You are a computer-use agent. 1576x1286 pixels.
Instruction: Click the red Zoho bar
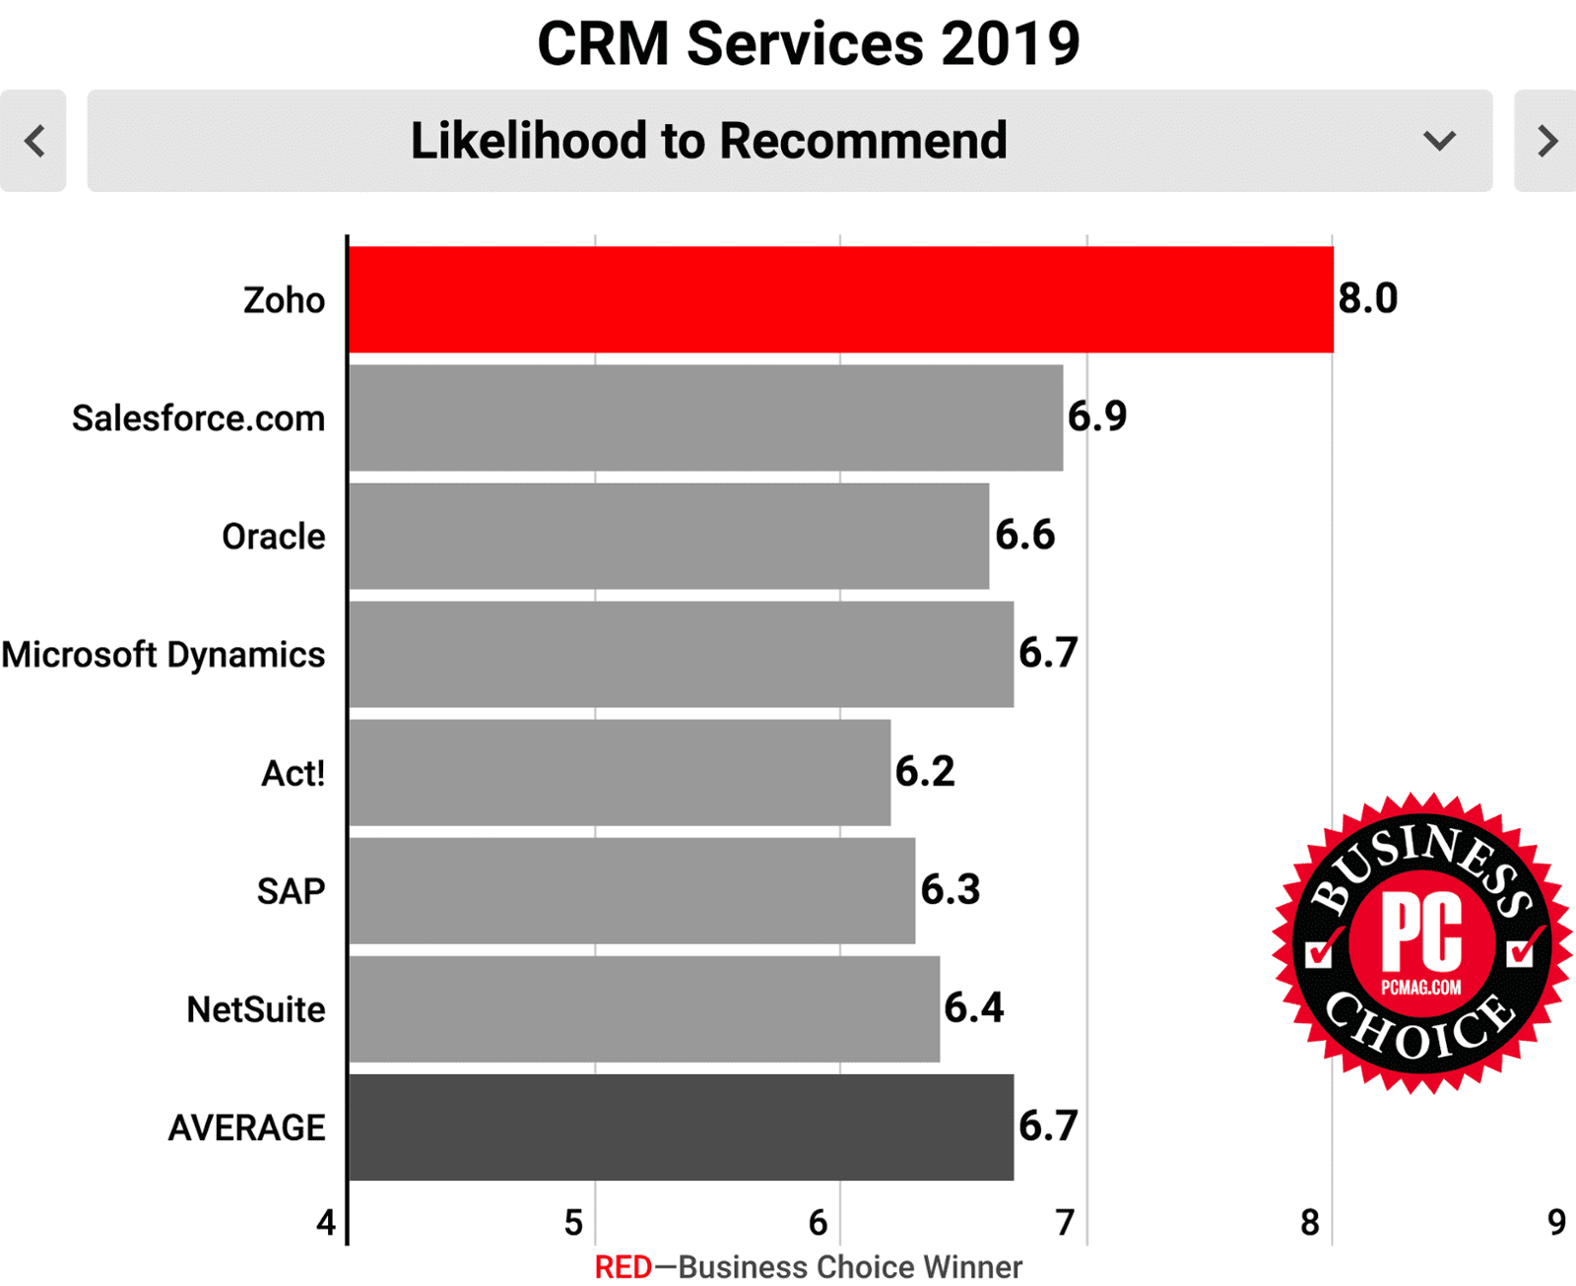coord(840,299)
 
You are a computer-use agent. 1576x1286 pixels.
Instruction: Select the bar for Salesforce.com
coord(705,418)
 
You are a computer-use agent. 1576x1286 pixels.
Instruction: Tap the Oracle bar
coord(669,536)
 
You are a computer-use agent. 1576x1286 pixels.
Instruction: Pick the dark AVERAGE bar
coord(681,1126)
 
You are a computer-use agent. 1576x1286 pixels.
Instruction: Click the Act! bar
coord(620,772)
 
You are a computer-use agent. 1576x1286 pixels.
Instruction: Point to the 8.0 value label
coord(1368,298)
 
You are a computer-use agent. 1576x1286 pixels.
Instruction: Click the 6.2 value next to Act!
coord(925,771)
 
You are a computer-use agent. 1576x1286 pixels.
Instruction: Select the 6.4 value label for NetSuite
coord(974,1007)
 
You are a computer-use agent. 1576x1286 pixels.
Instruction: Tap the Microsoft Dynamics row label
coord(164,655)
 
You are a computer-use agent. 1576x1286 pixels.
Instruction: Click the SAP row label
coord(291,891)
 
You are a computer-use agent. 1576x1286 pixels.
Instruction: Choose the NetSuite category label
coord(256,1009)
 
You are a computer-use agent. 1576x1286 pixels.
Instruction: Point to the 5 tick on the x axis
coord(573,1223)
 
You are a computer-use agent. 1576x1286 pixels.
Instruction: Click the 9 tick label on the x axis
coord(1556,1223)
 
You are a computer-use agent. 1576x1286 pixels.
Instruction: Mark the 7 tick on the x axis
coord(1065,1223)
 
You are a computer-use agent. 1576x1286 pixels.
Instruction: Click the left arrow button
coord(33,141)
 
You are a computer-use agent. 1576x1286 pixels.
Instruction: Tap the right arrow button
coord(1545,141)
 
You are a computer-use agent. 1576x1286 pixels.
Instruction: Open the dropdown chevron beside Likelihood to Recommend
coord(1439,141)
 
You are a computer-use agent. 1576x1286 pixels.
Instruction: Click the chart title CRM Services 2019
coord(808,44)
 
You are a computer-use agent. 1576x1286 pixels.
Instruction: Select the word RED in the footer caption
coord(623,1267)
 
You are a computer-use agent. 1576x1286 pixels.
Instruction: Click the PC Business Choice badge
coord(1421,943)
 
